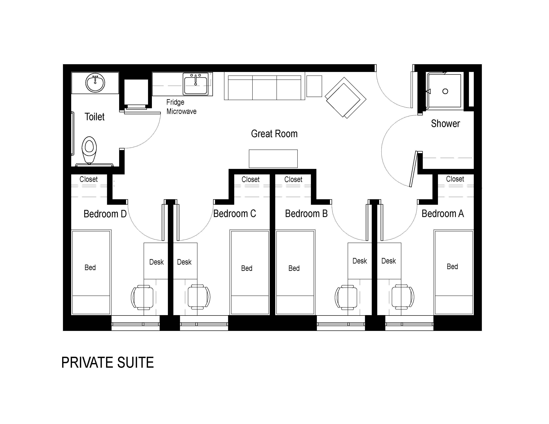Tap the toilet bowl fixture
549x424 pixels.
tap(89, 150)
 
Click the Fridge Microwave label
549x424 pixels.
tap(181, 107)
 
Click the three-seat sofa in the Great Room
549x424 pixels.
tap(264, 86)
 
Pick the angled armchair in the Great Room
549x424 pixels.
tap(345, 98)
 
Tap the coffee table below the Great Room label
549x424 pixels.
tap(273, 159)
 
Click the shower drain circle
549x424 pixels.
tap(445, 91)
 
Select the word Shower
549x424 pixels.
tap(445, 124)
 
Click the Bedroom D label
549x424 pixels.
tap(105, 214)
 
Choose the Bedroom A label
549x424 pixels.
tap(443, 213)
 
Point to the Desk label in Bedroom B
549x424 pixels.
tap(360, 261)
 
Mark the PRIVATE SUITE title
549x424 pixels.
tap(108, 363)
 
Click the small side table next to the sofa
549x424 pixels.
tap(314, 86)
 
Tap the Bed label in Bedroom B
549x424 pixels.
tap(294, 268)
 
